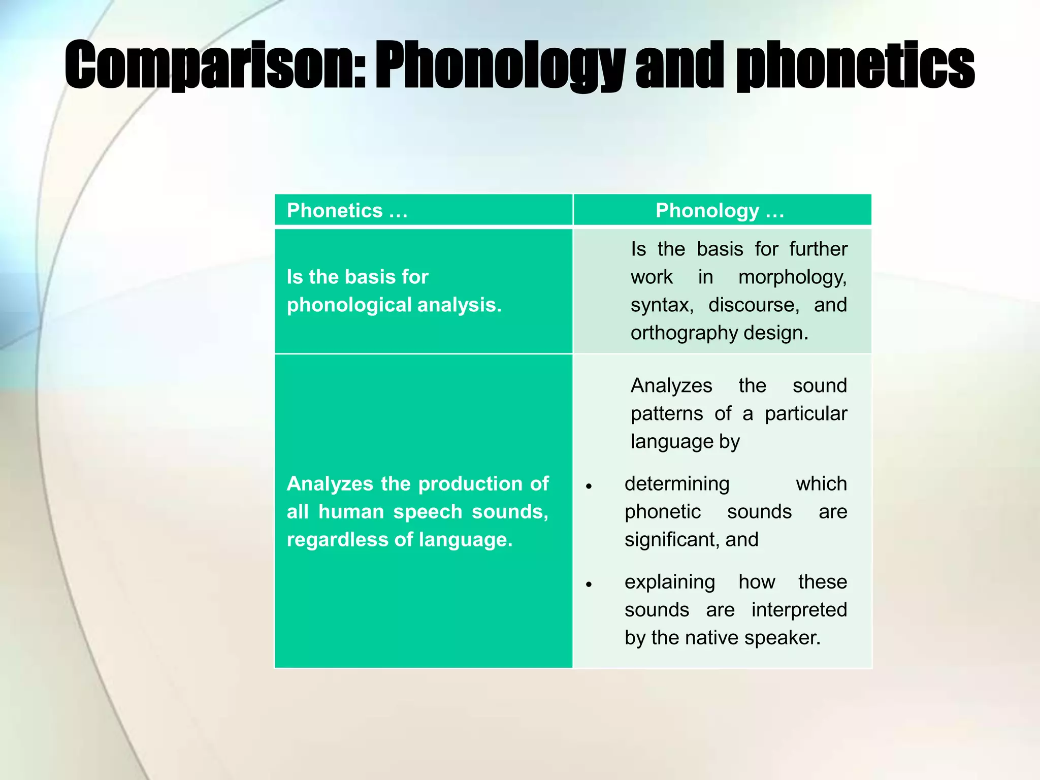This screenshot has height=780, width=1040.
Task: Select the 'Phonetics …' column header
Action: [347, 210]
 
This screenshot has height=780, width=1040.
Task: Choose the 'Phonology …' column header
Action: [720, 210]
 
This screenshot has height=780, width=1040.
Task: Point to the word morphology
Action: [792, 277]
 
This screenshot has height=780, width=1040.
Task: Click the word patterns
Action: [667, 414]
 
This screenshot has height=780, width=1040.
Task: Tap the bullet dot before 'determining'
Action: [589, 486]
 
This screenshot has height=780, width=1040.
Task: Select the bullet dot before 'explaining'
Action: [589, 584]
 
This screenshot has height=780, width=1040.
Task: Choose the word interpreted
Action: [799, 610]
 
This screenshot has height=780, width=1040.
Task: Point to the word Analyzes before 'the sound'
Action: [671, 386]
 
